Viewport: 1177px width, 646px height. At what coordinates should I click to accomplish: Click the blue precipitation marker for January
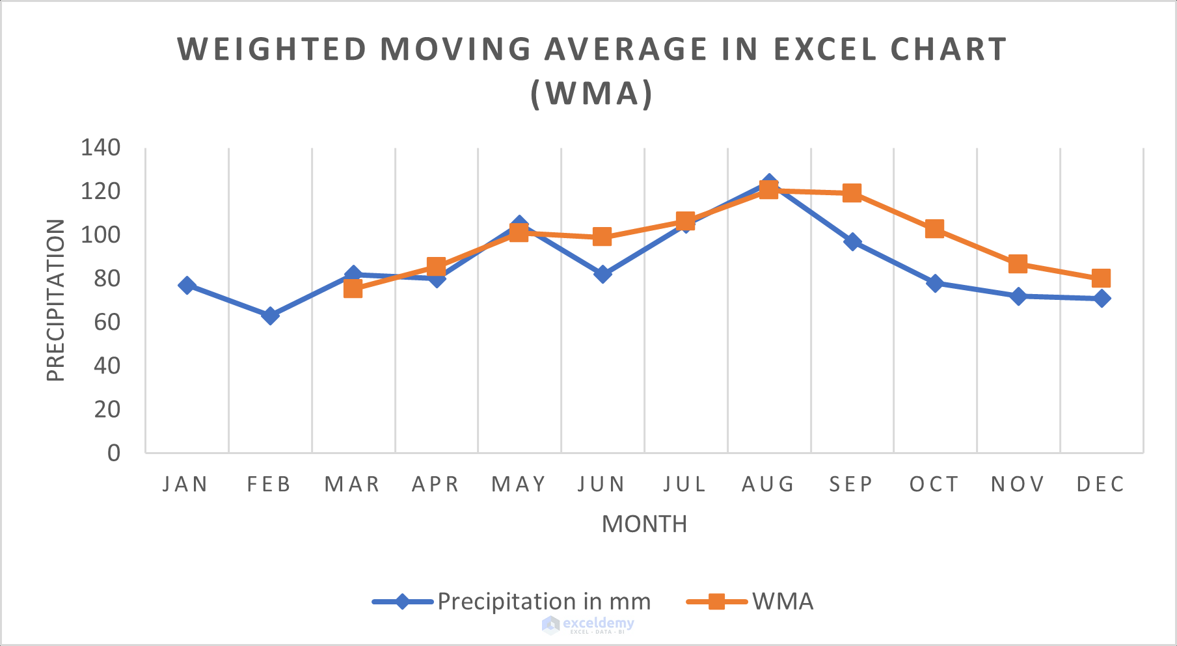(x=187, y=285)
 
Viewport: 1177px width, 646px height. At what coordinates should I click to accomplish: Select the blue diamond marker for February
(x=270, y=316)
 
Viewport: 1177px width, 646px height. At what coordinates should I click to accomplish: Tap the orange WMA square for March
(x=353, y=288)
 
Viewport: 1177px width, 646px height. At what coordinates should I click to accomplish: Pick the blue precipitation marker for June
(x=602, y=274)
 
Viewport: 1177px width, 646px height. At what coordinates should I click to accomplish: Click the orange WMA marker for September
(x=852, y=193)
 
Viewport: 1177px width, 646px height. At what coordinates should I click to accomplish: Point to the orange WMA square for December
(x=1101, y=278)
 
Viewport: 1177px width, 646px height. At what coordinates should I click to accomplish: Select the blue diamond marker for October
(x=935, y=283)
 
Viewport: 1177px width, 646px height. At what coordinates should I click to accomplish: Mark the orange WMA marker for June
(x=602, y=236)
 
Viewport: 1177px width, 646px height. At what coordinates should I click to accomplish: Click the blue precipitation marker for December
(x=1102, y=298)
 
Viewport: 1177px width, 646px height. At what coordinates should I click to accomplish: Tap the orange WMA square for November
(x=1018, y=263)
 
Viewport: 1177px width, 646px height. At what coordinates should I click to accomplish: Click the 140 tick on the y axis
(x=100, y=148)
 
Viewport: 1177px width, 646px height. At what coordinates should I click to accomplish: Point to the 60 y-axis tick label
(x=107, y=321)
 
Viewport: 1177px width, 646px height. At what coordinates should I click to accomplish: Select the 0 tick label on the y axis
(x=114, y=452)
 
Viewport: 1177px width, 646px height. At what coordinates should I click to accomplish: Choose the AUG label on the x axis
(x=768, y=484)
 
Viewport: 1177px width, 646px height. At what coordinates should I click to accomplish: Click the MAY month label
(x=519, y=484)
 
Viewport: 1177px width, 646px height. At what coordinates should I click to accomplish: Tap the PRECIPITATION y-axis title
(x=56, y=300)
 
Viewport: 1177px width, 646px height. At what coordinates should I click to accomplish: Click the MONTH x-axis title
(x=644, y=524)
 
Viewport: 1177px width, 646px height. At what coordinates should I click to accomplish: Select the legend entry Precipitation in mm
(x=544, y=601)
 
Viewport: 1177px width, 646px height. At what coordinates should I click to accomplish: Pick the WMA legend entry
(x=783, y=601)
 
